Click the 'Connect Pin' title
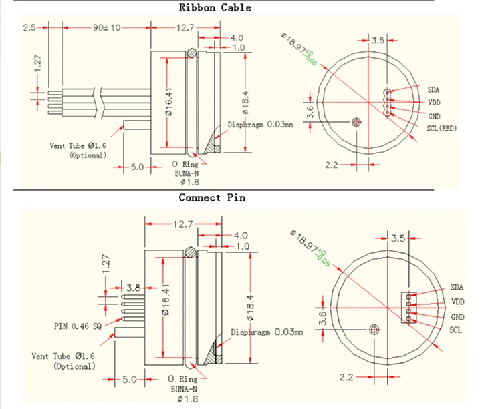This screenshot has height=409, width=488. (x=212, y=198)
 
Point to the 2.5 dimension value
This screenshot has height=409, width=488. (x=29, y=28)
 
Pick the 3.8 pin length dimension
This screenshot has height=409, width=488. (x=133, y=288)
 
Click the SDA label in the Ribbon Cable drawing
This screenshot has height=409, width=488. (x=434, y=89)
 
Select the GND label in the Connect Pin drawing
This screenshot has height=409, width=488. (x=457, y=317)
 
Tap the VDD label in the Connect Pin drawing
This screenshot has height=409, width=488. (x=457, y=302)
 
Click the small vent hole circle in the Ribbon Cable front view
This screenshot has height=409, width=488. (x=356, y=122)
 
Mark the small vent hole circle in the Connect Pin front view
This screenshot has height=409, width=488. (x=374, y=330)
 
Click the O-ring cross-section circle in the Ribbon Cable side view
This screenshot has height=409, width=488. (x=192, y=53)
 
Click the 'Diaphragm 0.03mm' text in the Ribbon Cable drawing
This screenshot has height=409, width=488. (x=261, y=124)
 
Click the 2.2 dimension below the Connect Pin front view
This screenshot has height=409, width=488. (x=346, y=378)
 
